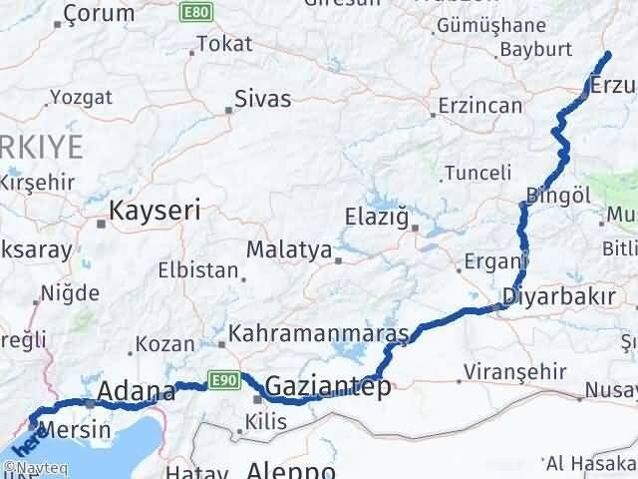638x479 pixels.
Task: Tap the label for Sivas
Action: (262, 99)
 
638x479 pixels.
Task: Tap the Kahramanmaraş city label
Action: (319, 333)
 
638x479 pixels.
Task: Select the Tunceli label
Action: (478, 172)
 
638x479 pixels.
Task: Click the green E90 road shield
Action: (221, 378)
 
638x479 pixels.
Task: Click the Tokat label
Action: (224, 44)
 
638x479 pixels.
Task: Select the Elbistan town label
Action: (198, 270)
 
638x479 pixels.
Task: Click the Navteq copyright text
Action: (29, 467)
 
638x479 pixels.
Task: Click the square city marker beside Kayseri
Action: (101, 224)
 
